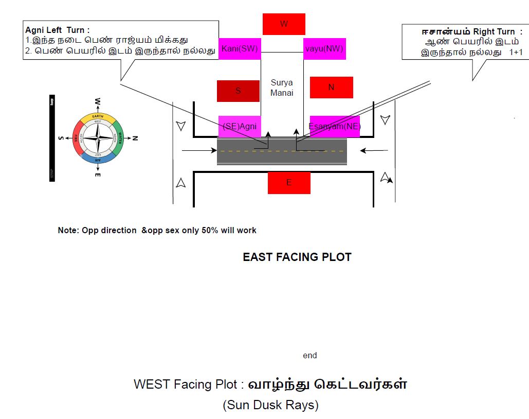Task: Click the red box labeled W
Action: (x=284, y=24)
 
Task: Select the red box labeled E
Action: (x=289, y=183)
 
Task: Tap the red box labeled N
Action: (x=331, y=88)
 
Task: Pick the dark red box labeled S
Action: (x=238, y=91)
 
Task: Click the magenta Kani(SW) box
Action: (x=240, y=49)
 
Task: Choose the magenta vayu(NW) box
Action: (x=323, y=49)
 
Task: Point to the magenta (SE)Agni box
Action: (x=239, y=126)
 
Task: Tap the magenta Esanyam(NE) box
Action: (x=334, y=126)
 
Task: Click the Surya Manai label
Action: (x=282, y=88)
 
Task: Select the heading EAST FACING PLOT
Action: (x=297, y=257)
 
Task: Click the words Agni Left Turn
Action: (x=58, y=30)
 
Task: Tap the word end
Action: (x=310, y=355)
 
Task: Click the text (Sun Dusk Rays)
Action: (x=270, y=406)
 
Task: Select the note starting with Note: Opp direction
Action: (x=157, y=230)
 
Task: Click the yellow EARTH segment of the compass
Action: (x=98, y=116)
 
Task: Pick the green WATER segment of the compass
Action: (x=119, y=138)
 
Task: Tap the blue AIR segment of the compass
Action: (x=98, y=160)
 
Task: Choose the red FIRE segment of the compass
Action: (x=77, y=138)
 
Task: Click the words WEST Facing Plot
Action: (x=186, y=385)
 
